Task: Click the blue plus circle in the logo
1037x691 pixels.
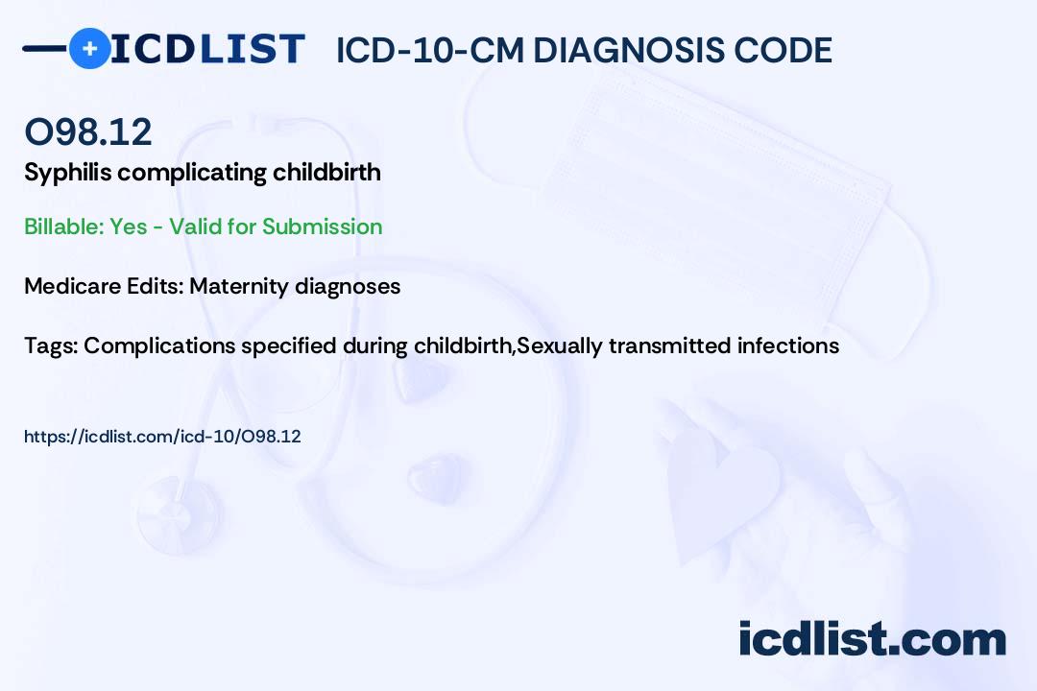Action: pyautogui.click(x=89, y=48)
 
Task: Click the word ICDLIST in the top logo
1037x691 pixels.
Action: pyautogui.click(x=207, y=49)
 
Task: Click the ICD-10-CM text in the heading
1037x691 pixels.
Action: pyautogui.click(x=429, y=50)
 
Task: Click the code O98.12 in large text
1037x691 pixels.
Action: pyautogui.click(x=87, y=131)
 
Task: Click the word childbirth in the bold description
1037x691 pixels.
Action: pyautogui.click(x=326, y=173)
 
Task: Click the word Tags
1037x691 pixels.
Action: pyautogui.click(x=48, y=345)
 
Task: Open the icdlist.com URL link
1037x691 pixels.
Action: pyautogui.click(x=162, y=437)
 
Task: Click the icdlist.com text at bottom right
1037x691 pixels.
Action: pyautogui.click(x=872, y=639)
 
